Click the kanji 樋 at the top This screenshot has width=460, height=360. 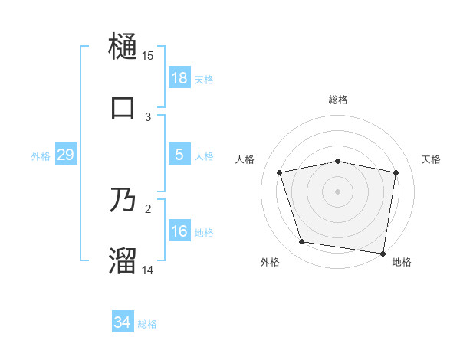pos(123,47)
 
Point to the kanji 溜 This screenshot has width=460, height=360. pos(123,260)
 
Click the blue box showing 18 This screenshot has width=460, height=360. pos(179,78)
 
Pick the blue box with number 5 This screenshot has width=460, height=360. pos(179,155)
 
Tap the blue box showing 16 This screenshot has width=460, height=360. pos(179,231)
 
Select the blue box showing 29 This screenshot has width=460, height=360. pos(65,155)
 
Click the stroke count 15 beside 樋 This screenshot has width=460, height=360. pos(148,56)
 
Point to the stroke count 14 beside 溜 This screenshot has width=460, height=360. pos(148,270)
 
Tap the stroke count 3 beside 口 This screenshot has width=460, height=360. pos(148,116)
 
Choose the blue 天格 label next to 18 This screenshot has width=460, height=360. pos(204,80)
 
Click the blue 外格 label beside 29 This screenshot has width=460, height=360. pos(41,156)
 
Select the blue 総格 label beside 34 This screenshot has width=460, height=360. pos(147,325)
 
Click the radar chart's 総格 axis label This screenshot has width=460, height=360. pos(338,100)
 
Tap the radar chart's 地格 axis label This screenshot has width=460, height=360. pos(402,263)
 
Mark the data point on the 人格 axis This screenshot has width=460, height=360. pos(280,173)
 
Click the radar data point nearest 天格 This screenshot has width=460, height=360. pos(396,173)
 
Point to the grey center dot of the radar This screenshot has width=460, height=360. pos(338,191)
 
